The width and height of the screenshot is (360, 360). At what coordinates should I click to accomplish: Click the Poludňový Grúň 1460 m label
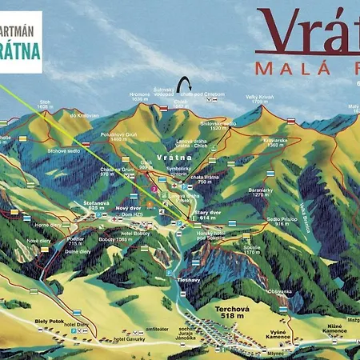pos(121,138)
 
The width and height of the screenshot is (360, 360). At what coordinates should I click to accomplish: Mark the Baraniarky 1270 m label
pos(261,192)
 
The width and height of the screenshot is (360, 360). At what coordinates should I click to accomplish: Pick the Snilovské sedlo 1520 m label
pos(218,126)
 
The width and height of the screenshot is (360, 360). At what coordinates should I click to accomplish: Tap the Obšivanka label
pos(280,291)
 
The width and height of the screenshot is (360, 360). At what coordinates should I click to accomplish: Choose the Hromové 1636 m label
pos(140,97)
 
